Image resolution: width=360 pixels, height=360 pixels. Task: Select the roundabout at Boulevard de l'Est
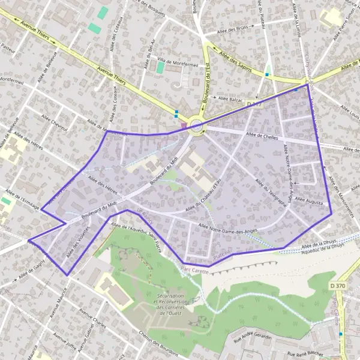pyautogui.click(x=196, y=125)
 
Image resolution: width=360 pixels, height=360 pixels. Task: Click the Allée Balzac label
pyautogui.click(x=230, y=98)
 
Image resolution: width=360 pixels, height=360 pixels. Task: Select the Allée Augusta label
pyautogui.click(x=310, y=199)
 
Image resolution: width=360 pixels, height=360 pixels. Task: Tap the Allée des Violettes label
pyautogui.click(x=77, y=243)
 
